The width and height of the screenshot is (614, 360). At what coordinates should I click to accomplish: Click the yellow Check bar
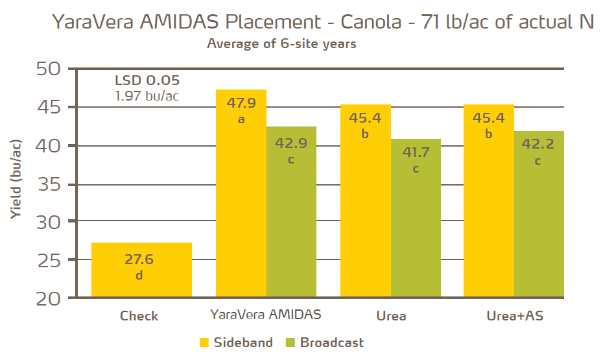click(141, 270)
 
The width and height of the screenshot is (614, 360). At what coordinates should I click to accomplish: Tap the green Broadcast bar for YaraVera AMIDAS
click(291, 211)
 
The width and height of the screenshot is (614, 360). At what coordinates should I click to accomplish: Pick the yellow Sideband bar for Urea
click(366, 200)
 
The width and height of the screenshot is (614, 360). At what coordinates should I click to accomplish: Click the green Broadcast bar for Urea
click(416, 218)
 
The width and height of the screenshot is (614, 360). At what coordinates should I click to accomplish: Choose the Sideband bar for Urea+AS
click(489, 200)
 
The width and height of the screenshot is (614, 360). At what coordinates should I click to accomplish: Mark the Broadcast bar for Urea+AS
click(538, 214)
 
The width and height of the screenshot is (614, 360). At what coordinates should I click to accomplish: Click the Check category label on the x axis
click(139, 317)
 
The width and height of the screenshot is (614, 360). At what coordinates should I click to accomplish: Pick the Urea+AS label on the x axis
click(515, 317)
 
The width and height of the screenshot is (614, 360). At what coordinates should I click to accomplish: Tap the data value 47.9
click(241, 103)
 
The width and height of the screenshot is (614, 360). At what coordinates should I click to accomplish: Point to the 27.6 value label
click(139, 259)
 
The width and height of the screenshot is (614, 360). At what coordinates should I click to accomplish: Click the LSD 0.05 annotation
click(147, 81)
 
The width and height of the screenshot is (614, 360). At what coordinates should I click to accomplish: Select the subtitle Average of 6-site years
click(281, 44)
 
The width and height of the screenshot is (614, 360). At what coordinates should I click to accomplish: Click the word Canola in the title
click(383, 21)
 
